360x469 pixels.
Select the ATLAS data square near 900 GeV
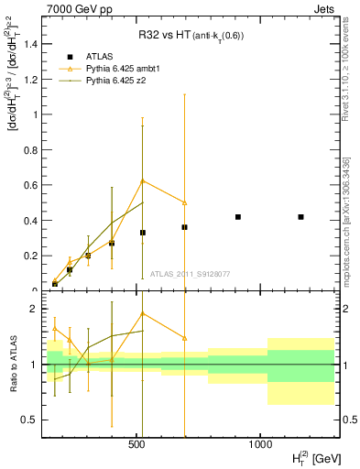point(238,217)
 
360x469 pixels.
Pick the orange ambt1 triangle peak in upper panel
point(143,180)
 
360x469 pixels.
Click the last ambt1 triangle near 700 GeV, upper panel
point(185,202)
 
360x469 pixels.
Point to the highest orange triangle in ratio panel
point(143,313)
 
